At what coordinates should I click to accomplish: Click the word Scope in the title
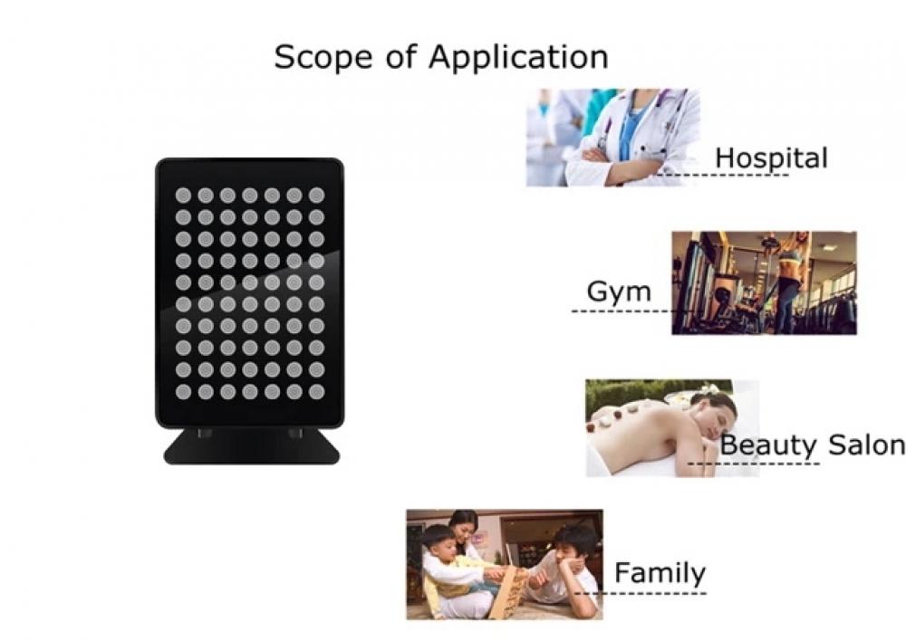point(323,57)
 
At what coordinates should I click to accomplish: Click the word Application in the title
point(518,57)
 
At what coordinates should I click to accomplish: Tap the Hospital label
point(771,158)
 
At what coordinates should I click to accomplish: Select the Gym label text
point(619,292)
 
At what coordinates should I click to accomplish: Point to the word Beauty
point(769,445)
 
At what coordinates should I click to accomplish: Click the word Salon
point(867,445)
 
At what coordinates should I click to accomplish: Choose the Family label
point(660,572)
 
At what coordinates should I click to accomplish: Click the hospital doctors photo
point(613,138)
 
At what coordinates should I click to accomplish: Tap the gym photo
point(764,283)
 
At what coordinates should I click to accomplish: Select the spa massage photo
point(672,428)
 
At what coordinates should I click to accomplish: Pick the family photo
point(505,565)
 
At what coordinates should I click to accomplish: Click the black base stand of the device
point(251,446)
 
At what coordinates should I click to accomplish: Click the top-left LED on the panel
point(183,196)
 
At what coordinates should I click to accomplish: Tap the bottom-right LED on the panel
point(316,392)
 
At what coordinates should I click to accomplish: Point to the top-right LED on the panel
point(316,196)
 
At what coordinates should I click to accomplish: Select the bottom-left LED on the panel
point(183,392)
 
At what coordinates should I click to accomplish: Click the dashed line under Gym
point(622,311)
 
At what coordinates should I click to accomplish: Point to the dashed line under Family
point(641,593)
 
